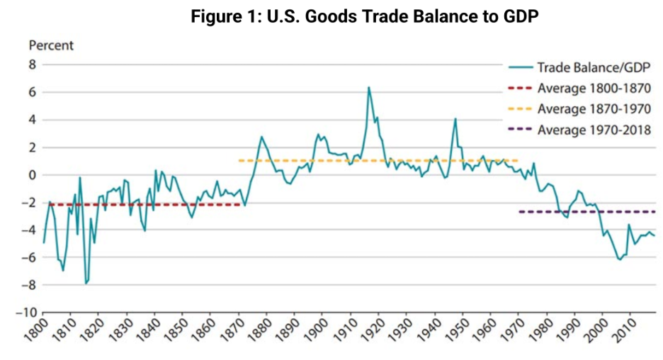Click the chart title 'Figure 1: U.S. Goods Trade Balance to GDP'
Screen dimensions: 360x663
coord(365,17)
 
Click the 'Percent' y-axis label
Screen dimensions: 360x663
coord(51,45)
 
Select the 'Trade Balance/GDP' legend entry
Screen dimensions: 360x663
coord(594,67)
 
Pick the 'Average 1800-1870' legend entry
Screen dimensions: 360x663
coord(594,89)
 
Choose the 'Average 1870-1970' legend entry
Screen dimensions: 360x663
coord(594,109)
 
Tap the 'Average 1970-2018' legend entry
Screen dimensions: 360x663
coord(594,130)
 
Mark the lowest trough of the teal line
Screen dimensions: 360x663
coord(86,283)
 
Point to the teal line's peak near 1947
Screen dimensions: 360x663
coord(455,118)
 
